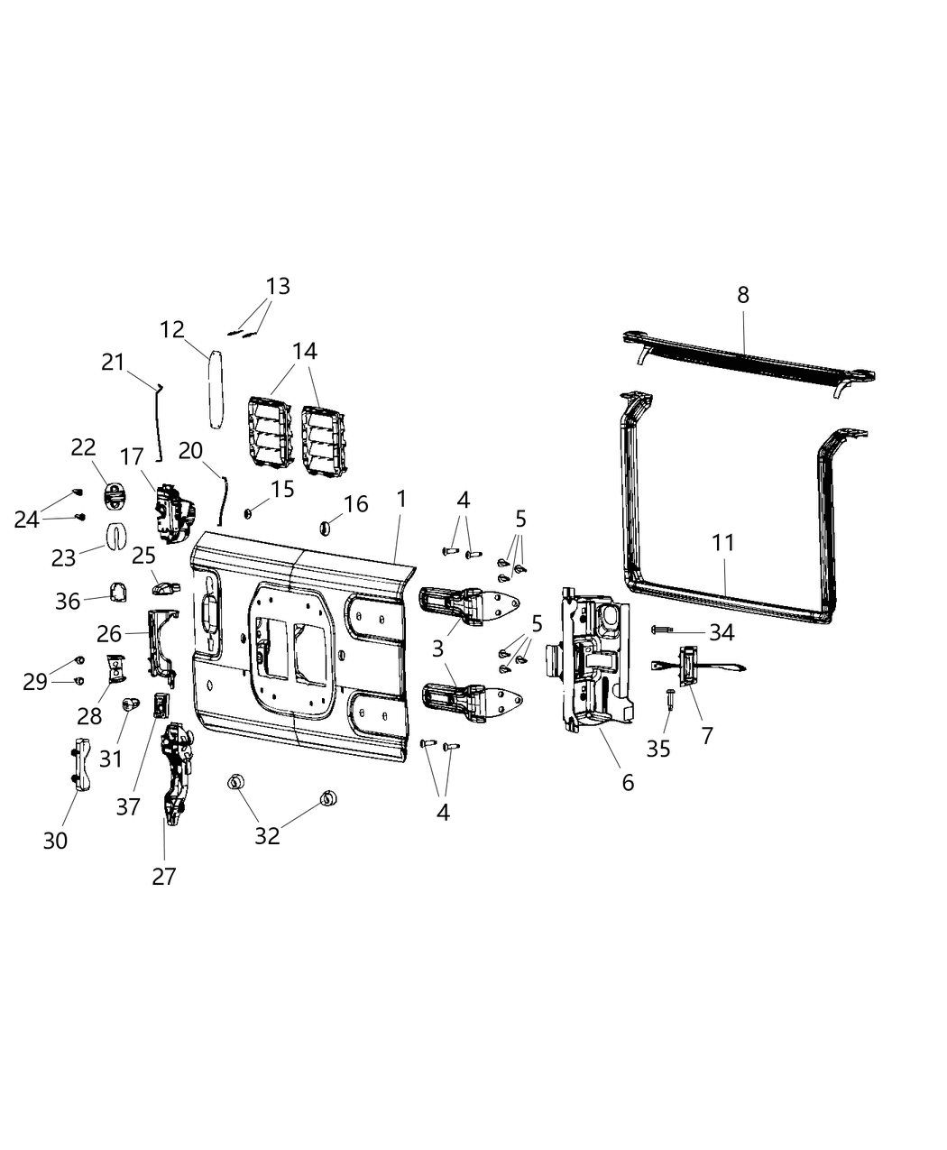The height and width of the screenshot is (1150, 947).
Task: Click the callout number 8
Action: click(x=742, y=295)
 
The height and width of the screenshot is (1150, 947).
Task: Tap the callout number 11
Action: click(x=722, y=543)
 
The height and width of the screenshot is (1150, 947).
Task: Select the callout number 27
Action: click(x=164, y=875)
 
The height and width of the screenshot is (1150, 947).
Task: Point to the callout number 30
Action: click(x=55, y=841)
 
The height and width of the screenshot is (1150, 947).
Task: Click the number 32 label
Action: click(x=267, y=835)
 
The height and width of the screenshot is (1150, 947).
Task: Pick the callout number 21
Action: click(x=113, y=362)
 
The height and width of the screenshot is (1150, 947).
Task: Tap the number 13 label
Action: click(x=278, y=286)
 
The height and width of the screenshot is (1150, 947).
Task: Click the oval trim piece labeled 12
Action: click(x=215, y=389)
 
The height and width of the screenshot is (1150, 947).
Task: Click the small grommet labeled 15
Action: click(x=247, y=513)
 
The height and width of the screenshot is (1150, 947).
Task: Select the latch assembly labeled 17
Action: click(x=171, y=511)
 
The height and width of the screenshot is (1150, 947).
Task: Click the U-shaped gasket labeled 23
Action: click(x=115, y=536)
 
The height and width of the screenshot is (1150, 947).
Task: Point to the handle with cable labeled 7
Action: click(x=690, y=667)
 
